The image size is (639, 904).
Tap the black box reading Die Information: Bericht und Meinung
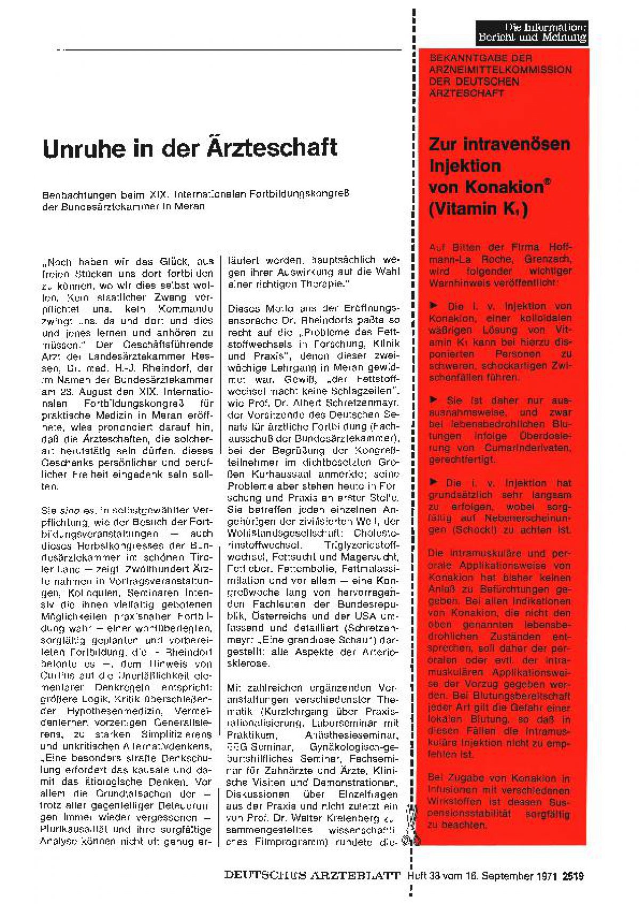(x=531, y=32)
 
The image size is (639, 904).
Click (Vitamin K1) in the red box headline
(x=478, y=209)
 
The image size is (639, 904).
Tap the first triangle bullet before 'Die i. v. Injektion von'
(x=434, y=306)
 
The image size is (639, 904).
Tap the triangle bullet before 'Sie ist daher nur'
(x=434, y=400)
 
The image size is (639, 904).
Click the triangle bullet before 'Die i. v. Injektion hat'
(x=434, y=482)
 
